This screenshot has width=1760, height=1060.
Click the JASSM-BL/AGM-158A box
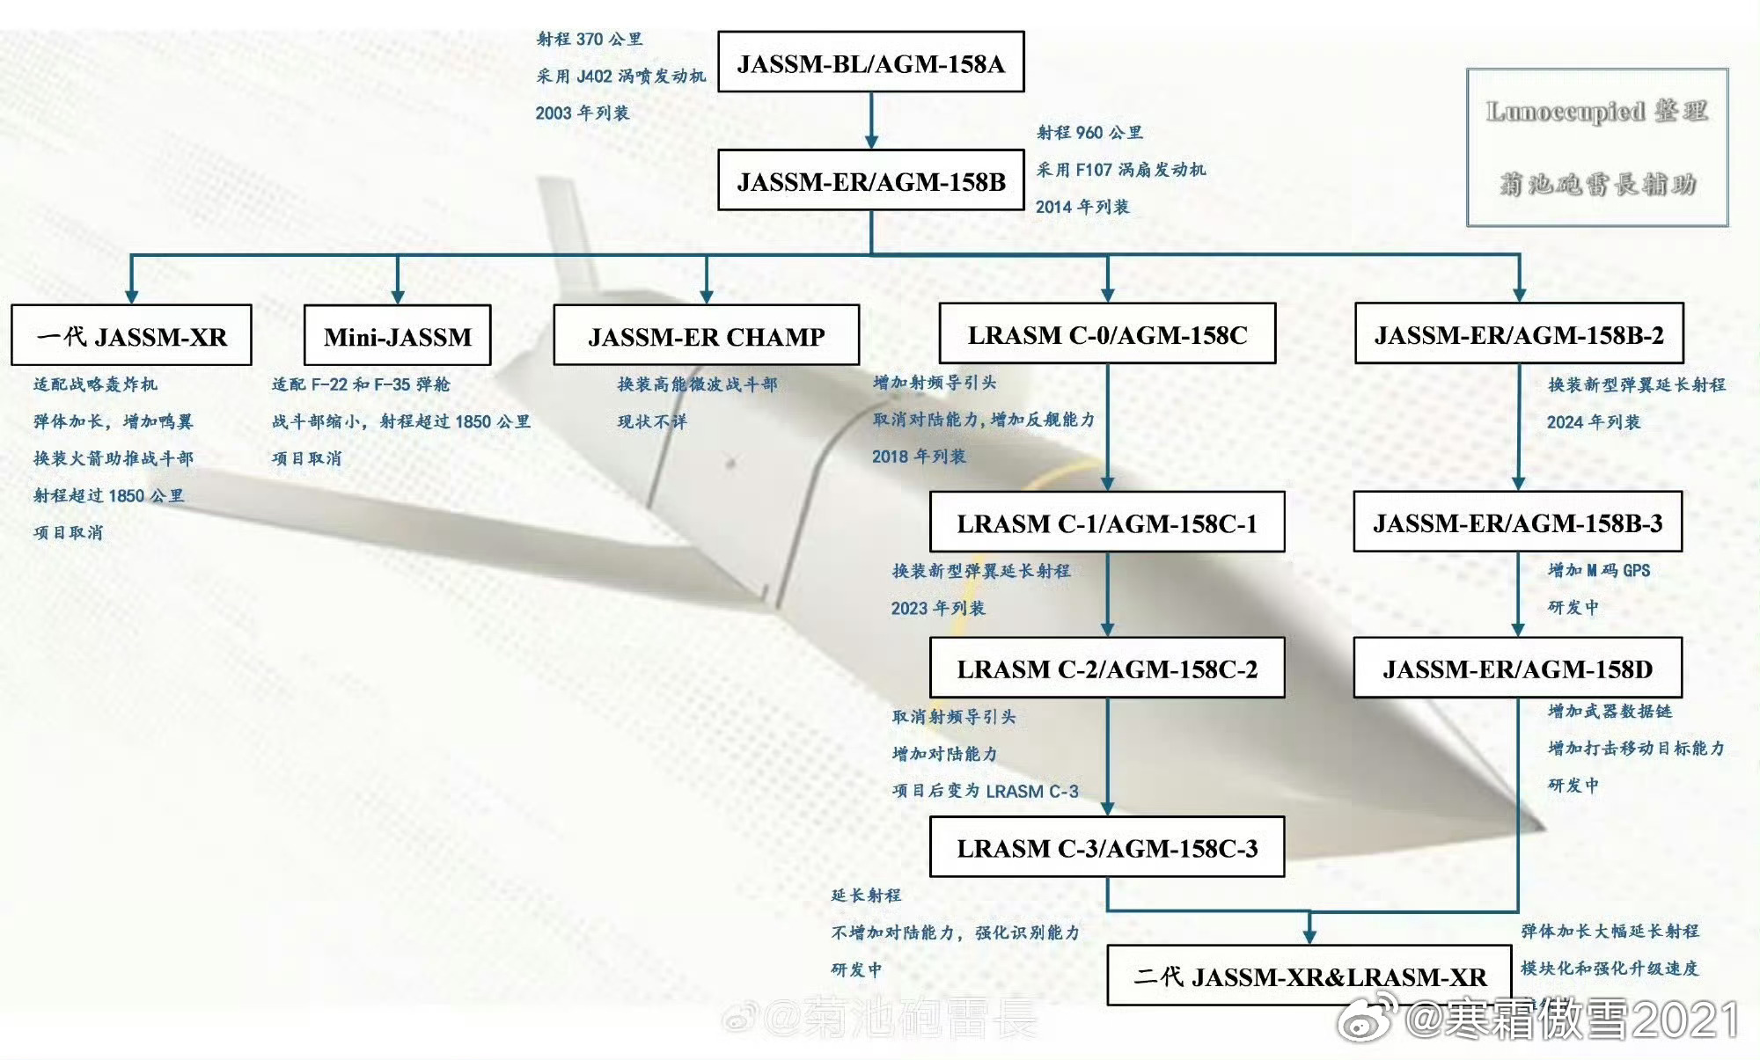tap(870, 62)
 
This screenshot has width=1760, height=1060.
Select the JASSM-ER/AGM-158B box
tap(870, 180)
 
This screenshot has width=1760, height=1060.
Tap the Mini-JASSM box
tap(397, 336)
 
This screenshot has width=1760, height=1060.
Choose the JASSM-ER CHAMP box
tap(706, 336)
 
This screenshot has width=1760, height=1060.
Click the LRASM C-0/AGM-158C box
tap(1107, 334)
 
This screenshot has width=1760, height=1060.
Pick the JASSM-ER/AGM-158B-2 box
tap(1519, 334)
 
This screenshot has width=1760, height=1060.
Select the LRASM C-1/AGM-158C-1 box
tap(1107, 523)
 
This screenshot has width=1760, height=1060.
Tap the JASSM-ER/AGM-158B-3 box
tap(1517, 523)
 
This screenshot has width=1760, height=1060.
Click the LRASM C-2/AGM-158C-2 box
tap(1107, 669)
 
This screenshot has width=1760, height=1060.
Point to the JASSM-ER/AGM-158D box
tap(1517, 669)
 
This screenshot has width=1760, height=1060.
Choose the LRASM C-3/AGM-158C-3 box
tap(1107, 848)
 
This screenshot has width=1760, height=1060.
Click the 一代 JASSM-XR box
tap(131, 336)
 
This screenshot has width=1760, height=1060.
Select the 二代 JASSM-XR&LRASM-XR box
tap(1309, 976)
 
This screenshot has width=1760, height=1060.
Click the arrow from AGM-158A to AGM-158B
tap(871, 121)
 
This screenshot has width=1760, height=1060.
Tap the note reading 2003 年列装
tap(582, 113)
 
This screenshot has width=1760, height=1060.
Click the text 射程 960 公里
tap(1089, 133)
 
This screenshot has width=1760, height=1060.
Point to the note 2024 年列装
tap(1593, 422)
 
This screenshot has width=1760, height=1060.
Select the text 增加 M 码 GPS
tap(1598, 571)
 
